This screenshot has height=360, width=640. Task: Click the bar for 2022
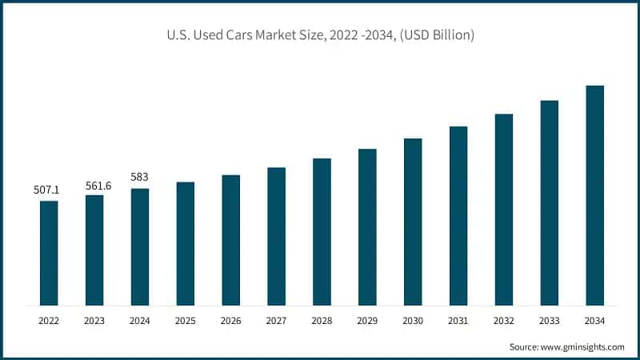pyautogui.click(x=49, y=253)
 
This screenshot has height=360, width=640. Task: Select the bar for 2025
pyautogui.click(x=186, y=244)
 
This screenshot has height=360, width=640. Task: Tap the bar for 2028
pyautogui.click(x=322, y=232)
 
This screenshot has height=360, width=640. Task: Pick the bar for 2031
pyautogui.click(x=458, y=216)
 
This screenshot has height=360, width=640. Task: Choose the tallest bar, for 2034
pyautogui.click(x=594, y=195)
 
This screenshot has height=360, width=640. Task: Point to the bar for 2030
pyautogui.click(x=413, y=222)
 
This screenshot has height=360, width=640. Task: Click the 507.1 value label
pyautogui.click(x=49, y=190)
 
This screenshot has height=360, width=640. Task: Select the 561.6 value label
pyautogui.click(x=94, y=185)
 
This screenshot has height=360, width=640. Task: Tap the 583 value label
pyautogui.click(x=140, y=178)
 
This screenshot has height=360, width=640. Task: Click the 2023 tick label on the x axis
pyautogui.click(x=94, y=321)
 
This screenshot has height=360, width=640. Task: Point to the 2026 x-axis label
pyautogui.click(x=231, y=321)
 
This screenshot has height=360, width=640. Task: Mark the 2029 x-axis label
pyautogui.click(x=367, y=321)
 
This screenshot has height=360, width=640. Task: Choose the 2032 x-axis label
pyautogui.click(x=504, y=321)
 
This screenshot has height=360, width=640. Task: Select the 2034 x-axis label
pyautogui.click(x=594, y=321)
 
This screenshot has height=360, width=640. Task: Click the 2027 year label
pyautogui.click(x=277, y=321)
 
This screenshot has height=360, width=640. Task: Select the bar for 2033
pyautogui.click(x=549, y=203)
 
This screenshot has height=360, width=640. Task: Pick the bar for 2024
pyautogui.click(x=140, y=247)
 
